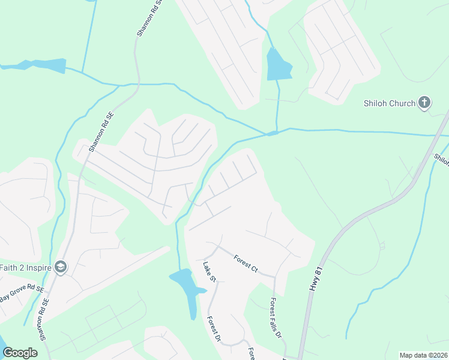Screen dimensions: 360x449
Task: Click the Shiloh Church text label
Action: tap(389, 103)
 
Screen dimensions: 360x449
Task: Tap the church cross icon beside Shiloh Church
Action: tap(424, 103)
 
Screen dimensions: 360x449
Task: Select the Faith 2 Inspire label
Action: tap(24, 268)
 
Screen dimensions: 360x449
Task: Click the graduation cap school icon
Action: tap(60, 268)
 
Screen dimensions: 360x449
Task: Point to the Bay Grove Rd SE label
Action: tap(22, 294)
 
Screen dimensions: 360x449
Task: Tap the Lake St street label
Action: tap(209, 271)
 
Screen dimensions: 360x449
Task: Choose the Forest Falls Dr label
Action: tap(276, 318)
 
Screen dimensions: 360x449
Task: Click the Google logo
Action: tap(20, 353)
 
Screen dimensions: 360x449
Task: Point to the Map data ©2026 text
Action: tap(423, 355)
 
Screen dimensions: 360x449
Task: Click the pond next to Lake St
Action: tap(188, 287)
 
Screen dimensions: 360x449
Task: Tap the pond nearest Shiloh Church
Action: tap(279, 65)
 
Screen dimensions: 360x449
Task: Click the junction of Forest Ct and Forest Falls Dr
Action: tap(275, 277)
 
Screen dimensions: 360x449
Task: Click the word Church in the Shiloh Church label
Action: tap(402, 103)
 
